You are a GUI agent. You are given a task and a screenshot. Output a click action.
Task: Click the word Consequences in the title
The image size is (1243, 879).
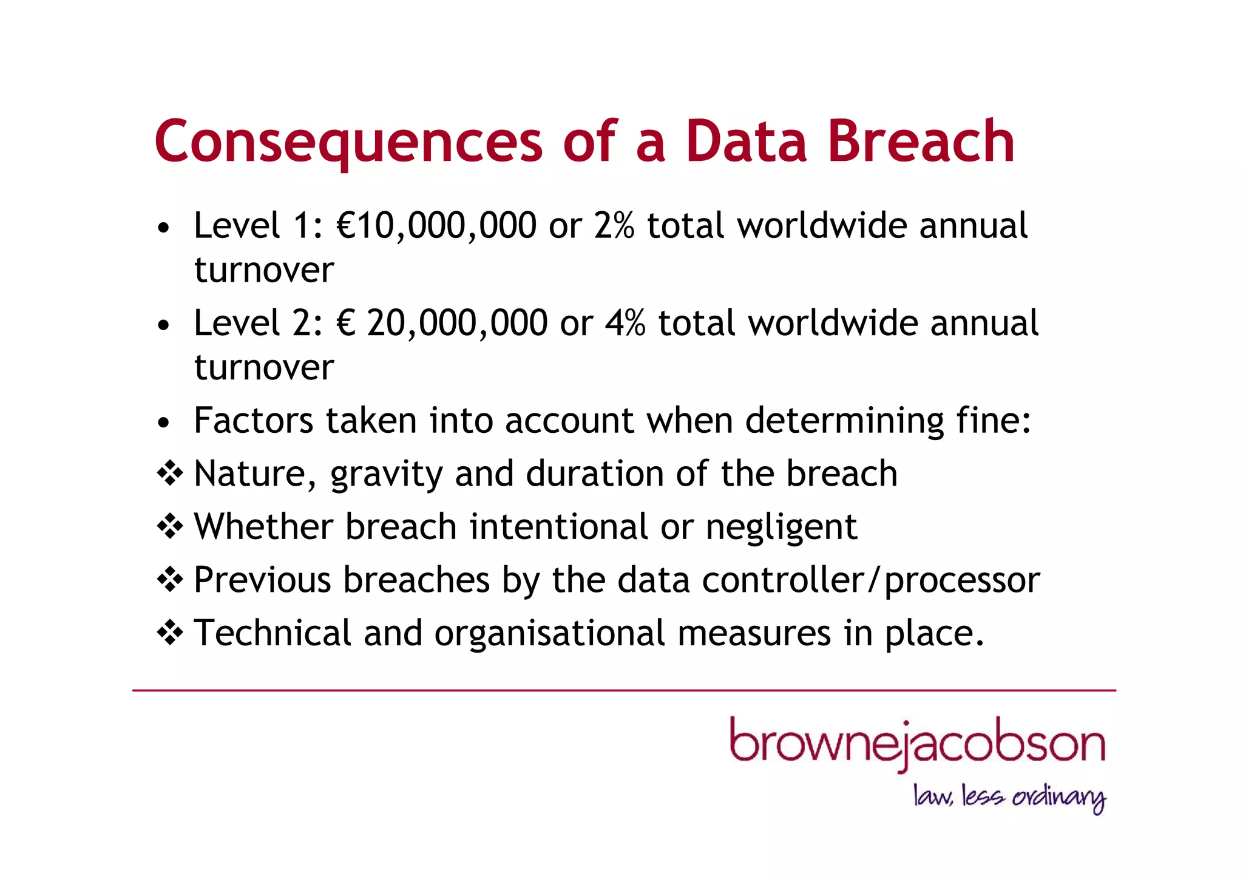[x=348, y=142]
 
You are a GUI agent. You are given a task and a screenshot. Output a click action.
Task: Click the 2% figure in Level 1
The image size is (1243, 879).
[x=614, y=226]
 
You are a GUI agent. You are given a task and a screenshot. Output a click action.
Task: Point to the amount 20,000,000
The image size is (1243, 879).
[x=457, y=323]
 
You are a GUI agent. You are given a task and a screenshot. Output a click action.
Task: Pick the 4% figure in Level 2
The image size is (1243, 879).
[x=625, y=323]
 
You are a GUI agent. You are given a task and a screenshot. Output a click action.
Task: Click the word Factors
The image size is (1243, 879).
[x=253, y=420]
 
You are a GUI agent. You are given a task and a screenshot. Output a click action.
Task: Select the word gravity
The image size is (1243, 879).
[x=386, y=475]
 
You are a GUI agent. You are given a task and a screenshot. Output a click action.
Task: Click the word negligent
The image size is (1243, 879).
[x=781, y=527]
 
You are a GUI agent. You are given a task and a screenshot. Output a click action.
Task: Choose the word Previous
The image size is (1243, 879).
[x=262, y=580]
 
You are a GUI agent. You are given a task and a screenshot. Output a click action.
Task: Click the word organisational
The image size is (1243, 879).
[x=549, y=633]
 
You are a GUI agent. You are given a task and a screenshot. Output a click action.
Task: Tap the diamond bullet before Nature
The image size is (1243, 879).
[x=170, y=473]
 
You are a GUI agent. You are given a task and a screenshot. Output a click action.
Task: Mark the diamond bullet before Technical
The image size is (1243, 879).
[x=170, y=633]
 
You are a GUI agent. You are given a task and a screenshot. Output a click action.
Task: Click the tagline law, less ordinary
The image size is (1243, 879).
[x=1009, y=796]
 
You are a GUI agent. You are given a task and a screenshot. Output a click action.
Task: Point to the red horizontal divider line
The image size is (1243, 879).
[x=624, y=690]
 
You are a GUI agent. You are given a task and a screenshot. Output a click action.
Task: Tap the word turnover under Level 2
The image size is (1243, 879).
[x=264, y=367]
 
